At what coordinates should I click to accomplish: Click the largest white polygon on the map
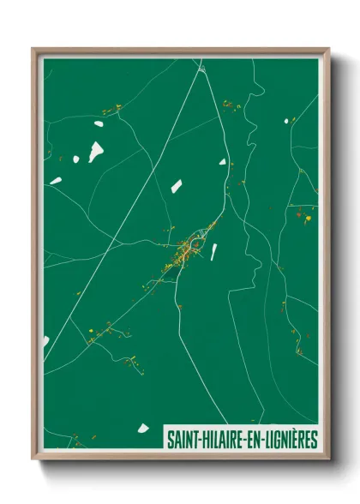click(95, 152)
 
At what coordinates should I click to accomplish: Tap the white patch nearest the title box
click(143, 429)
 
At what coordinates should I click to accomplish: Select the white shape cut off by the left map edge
click(45, 342)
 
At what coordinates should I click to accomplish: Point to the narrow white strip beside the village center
click(214, 251)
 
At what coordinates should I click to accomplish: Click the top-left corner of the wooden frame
click(33, 50)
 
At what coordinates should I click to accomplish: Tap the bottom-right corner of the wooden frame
click(328, 459)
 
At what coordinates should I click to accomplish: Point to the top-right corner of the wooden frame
click(328, 50)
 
